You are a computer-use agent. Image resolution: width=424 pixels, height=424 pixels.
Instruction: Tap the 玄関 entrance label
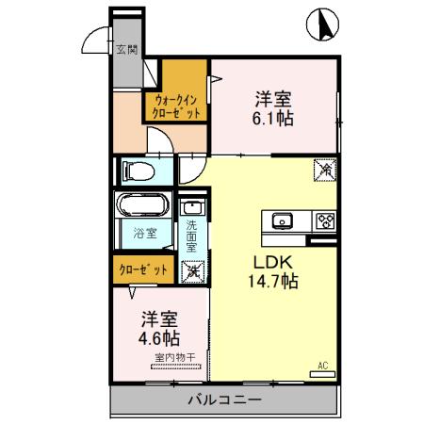click(x=125, y=49)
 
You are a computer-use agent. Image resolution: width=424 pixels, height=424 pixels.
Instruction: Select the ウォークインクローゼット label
click(x=176, y=104)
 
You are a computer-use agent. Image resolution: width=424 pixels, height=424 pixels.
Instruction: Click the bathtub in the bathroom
click(x=143, y=206)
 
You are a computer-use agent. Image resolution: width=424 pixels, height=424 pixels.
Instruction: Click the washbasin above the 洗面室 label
click(x=191, y=207)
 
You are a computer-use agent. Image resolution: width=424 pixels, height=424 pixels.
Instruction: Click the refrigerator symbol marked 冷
click(x=324, y=171)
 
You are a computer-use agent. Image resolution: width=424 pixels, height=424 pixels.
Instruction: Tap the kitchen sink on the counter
click(x=283, y=221)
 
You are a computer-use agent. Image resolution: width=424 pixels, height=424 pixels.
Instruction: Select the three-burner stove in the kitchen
click(x=324, y=221)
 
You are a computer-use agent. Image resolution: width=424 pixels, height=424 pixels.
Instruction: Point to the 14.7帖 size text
click(x=273, y=282)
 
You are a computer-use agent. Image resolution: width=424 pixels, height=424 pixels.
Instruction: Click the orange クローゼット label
click(x=144, y=269)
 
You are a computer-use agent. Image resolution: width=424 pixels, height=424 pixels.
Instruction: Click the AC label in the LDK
click(x=321, y=366)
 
